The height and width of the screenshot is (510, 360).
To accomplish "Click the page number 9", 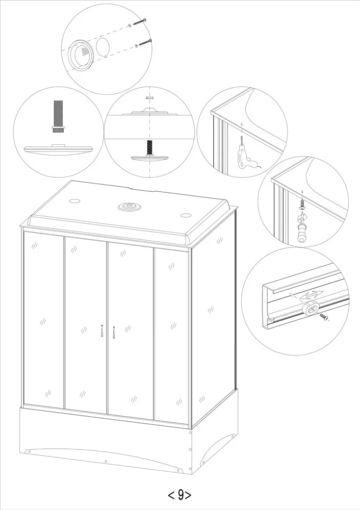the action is tap(180, 495).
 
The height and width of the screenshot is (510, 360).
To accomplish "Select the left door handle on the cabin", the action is tap(102, 331).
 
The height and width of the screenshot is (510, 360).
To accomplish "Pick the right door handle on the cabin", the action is tap(114, 332).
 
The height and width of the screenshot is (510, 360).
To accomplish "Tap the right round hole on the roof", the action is tap(186, 215).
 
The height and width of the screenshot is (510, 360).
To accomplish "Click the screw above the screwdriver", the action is tap(302, 205).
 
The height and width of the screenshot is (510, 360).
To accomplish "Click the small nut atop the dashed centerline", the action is tap(149, 97).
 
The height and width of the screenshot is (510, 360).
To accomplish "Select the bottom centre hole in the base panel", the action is tap(106, 461).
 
